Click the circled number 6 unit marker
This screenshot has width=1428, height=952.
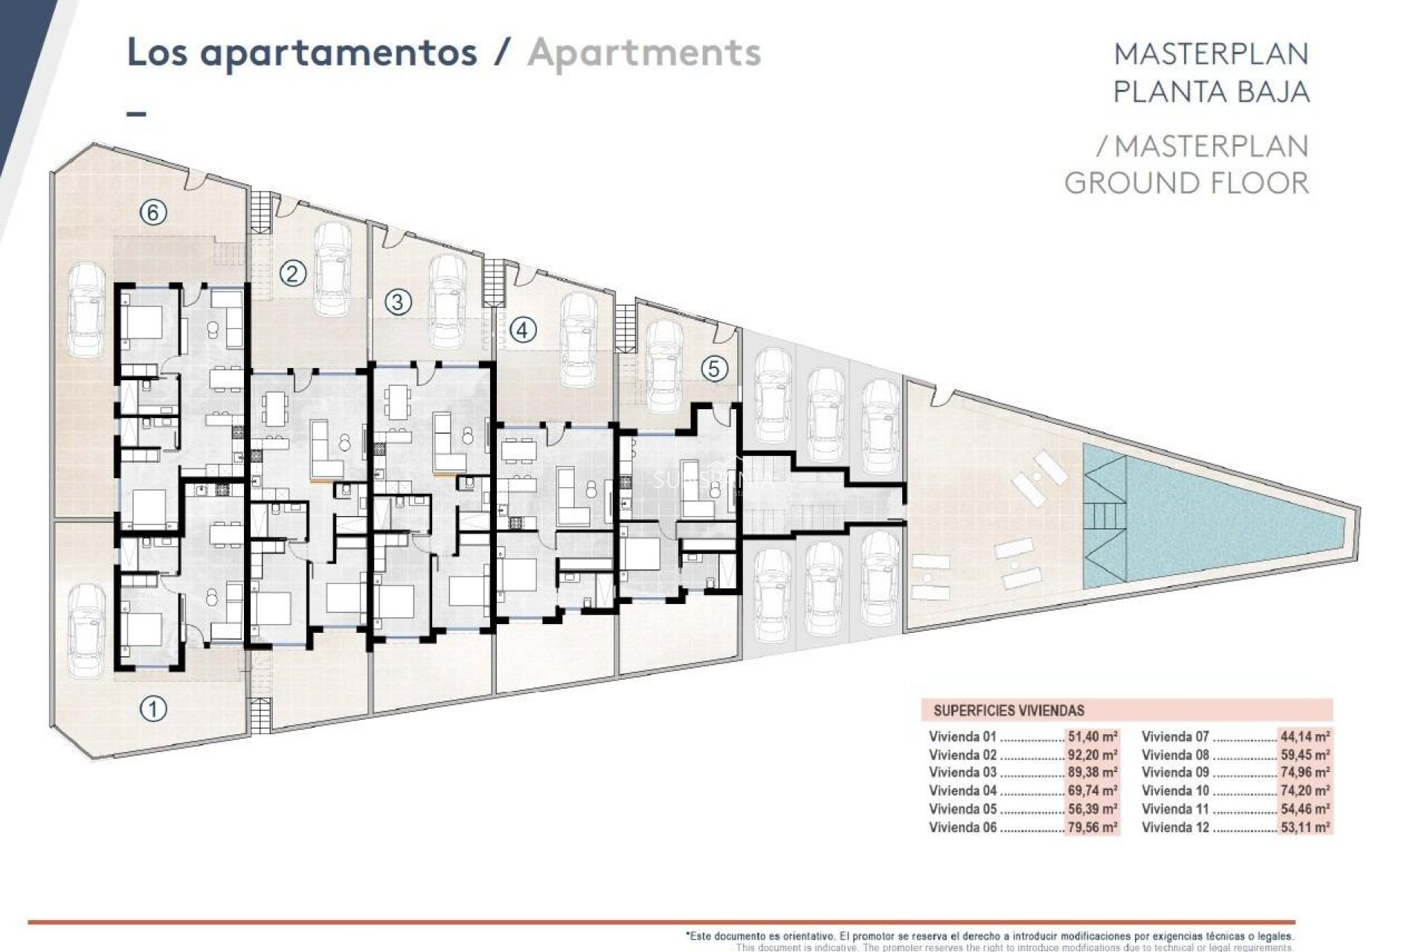coord(153,213)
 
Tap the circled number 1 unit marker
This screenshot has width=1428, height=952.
coord(153,709)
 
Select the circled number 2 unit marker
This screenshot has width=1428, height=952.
coord(292,274)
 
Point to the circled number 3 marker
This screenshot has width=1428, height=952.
coord(398,302)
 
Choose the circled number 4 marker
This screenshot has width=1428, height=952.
coord(522,329)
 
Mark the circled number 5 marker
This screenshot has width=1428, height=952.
coord(715,369)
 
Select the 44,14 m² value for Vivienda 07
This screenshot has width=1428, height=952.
coord(1305,737)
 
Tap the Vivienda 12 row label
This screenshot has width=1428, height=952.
coord(1175,827)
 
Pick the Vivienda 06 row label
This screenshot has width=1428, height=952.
coord(962,827)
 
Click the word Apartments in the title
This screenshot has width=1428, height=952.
coord(644,53)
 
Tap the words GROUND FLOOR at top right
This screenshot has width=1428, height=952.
coord(1186,183)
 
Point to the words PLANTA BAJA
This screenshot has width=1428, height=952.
coord(1211,91)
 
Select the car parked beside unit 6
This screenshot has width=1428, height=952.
coord(86,311)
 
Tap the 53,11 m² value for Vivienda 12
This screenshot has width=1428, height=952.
coord(1305,827)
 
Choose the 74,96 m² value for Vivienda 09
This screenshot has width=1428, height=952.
coord(1305,773)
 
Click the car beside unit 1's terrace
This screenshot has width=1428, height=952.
coord(86,631)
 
